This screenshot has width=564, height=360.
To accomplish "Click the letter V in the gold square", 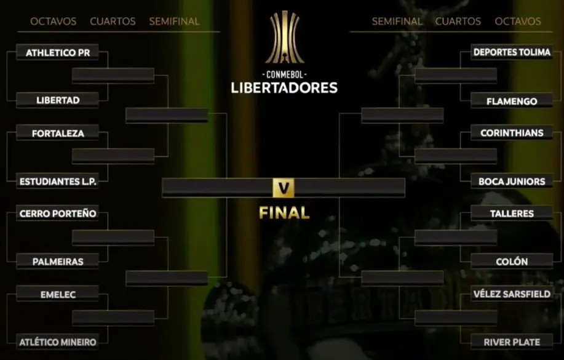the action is tap(284, 188).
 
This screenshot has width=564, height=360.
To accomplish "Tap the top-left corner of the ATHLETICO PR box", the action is tap(17, 45).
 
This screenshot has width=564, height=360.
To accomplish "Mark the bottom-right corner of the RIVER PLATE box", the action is tap(553, 349).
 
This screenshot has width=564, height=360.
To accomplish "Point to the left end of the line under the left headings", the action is tap(17, 31).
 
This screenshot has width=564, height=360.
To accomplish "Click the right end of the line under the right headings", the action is tap(552, 31).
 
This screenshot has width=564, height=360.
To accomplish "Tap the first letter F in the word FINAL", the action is tap(263, 213).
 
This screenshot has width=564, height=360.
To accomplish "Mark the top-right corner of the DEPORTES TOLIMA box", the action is tap(553, 45).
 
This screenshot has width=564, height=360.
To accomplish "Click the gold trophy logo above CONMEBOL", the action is tap(284, 37).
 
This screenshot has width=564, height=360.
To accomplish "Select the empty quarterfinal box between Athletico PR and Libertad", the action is tap(113, 76).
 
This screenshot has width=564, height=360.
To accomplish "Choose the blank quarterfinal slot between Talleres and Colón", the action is tap(456, 238).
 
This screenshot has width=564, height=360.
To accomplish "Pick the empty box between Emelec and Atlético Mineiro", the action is tap(113, 318).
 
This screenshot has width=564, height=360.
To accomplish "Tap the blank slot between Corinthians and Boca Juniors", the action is tap(456, 156).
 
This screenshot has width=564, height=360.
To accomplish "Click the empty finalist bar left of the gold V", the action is tap(217, 188).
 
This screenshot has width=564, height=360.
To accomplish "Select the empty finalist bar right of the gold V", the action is tap(349, 188).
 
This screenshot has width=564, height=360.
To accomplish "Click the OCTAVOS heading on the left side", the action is tap(54, 22).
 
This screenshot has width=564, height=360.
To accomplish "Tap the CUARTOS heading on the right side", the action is tap(458, 22).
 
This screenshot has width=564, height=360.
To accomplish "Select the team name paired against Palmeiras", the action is tap(58, 214).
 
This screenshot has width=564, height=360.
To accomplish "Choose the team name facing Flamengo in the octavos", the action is tap(512, 52).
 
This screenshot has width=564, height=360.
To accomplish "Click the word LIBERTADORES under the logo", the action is tap(284, 88).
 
